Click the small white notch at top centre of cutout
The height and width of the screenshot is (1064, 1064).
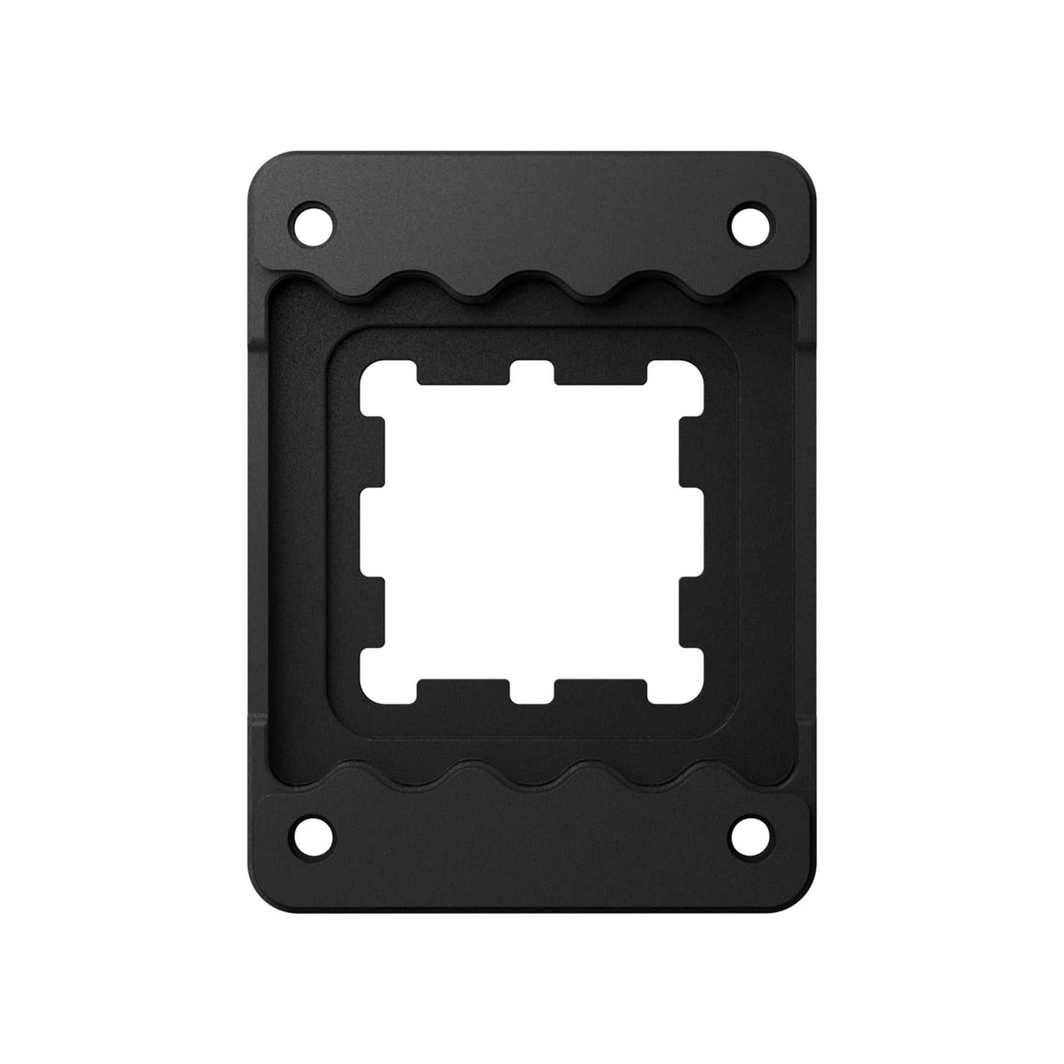(532, 373)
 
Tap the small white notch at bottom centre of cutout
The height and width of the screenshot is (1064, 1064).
(532, 691)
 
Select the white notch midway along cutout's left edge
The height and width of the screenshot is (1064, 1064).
(373, 532)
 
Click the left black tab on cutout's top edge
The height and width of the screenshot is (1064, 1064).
(463, 374)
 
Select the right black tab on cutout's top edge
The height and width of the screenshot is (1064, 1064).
(600, 374)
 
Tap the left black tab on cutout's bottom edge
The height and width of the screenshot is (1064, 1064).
(463, 689)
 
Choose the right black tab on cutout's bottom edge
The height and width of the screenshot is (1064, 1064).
(600, 689)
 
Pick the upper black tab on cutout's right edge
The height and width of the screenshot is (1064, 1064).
(691, 451)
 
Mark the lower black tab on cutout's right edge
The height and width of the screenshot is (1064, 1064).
(691, 611)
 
